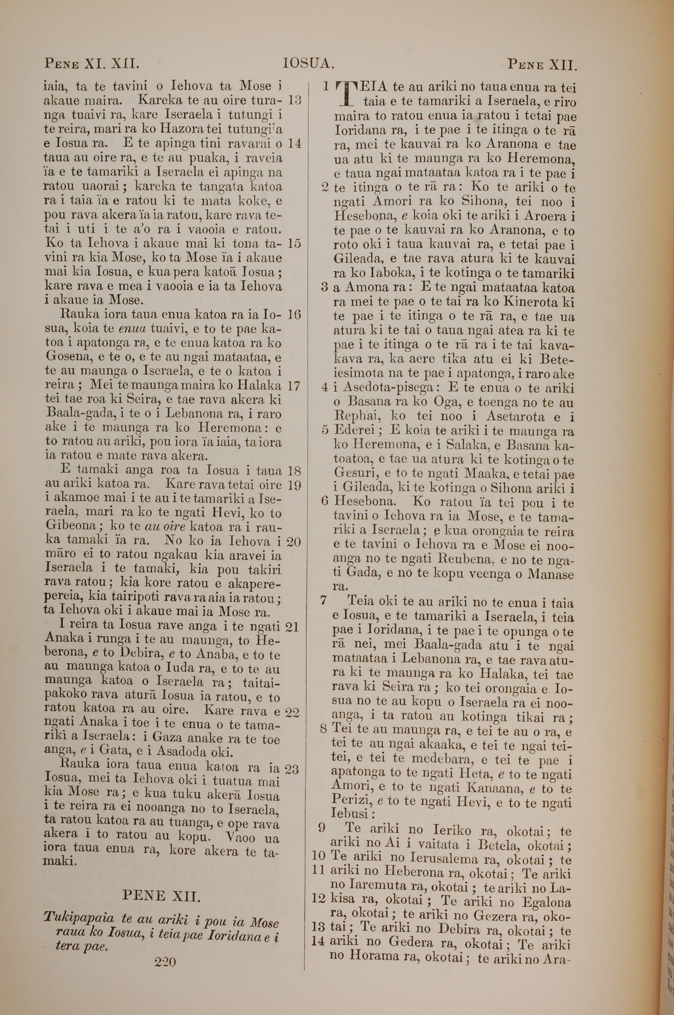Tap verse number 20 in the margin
293,541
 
